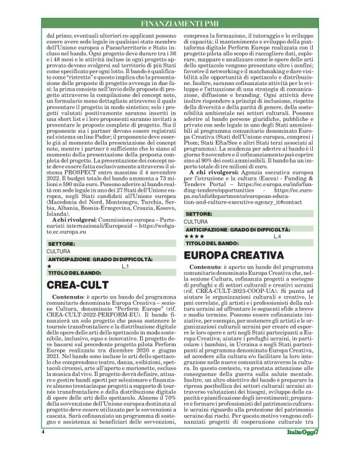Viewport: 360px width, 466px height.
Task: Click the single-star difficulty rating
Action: tap(50, 266)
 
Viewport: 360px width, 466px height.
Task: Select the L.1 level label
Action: tap(125, 266)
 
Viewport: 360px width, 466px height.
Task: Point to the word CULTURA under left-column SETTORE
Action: tap(58, 251)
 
